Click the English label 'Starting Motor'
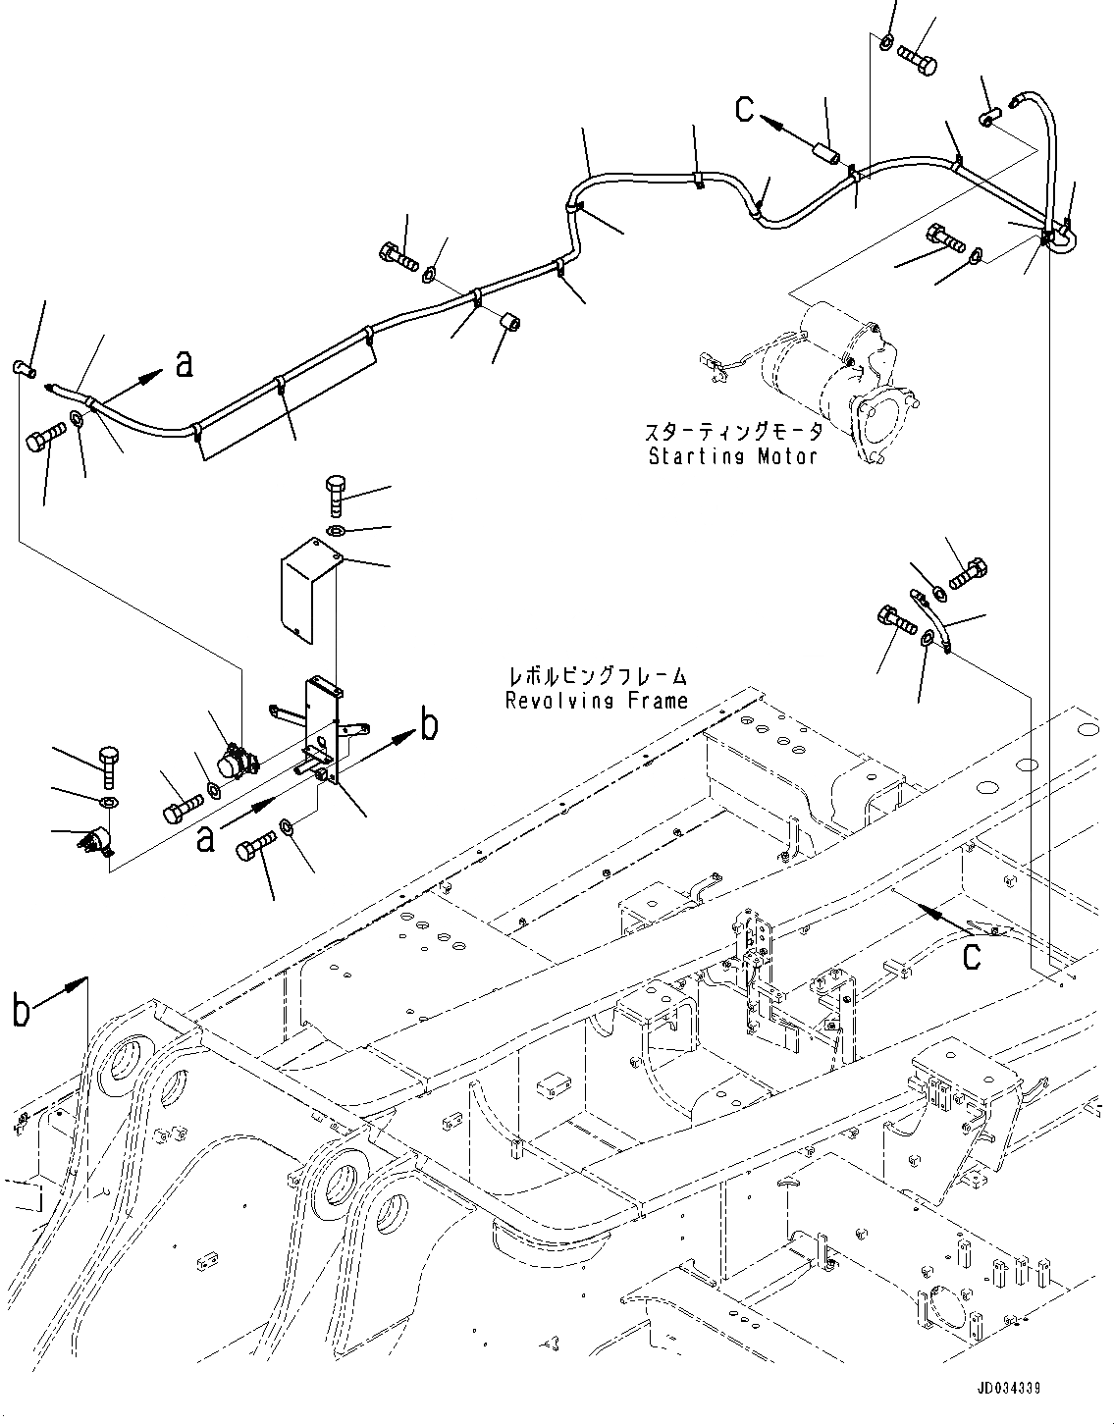click(x=731, y=456)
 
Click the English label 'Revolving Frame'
click(x=596, y=700)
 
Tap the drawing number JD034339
click(x=1008, y=1390)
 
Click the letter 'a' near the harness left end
click(x=183, y=365)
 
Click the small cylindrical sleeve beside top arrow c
click(x=825, y=155)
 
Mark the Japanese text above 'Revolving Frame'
click(x=596, y=676)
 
